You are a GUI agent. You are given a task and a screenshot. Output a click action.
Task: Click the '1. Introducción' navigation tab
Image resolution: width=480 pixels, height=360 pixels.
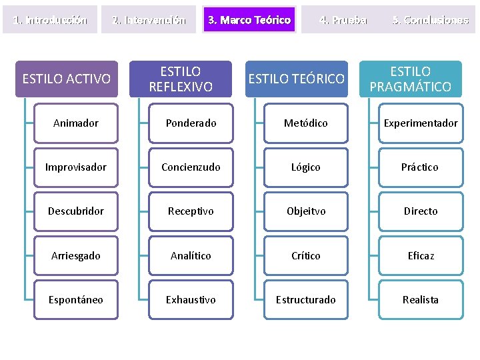point(51,20)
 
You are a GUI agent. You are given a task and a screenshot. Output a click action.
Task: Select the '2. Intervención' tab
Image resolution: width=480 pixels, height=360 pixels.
point(149,20)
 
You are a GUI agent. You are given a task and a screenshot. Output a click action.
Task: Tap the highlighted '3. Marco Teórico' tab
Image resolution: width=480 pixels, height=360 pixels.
point(249,20)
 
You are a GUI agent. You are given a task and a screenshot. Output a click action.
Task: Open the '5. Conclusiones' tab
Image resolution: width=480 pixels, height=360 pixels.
point(431,20)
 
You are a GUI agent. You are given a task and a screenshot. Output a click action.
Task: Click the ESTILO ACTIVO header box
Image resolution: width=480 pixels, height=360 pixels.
point(67,79)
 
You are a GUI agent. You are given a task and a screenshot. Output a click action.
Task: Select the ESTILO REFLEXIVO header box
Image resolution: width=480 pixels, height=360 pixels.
point(181,79)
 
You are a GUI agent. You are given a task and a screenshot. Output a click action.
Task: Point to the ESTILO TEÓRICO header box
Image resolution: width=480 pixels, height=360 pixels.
point(297,79)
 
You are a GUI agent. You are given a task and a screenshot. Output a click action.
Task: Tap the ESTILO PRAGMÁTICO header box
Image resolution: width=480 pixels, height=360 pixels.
point(411,79)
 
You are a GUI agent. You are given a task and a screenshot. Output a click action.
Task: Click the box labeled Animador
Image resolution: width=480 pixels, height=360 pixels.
point(76,123)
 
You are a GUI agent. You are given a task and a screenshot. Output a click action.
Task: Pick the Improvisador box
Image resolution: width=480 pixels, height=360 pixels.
point(76,167)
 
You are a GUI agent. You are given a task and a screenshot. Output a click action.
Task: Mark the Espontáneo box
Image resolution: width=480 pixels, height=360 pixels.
point(76,300)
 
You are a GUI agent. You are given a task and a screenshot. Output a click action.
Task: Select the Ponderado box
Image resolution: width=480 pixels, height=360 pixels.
point(191,123)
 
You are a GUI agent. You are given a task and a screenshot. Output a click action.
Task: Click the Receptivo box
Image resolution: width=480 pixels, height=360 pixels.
point(191,211)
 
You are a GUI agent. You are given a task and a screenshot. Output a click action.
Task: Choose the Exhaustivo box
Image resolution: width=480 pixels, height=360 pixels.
point(191,300)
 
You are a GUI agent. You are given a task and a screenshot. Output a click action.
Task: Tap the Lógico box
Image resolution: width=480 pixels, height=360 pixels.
point(306,167)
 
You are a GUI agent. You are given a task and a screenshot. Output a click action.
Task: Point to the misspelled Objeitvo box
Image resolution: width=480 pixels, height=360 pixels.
point(306,211)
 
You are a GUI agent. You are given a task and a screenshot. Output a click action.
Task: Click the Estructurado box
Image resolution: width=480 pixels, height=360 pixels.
point(306,300)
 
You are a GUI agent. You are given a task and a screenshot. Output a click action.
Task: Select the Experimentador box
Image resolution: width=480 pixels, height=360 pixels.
point(421,123)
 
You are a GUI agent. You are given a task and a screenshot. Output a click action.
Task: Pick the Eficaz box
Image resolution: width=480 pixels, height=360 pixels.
point(421,256)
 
